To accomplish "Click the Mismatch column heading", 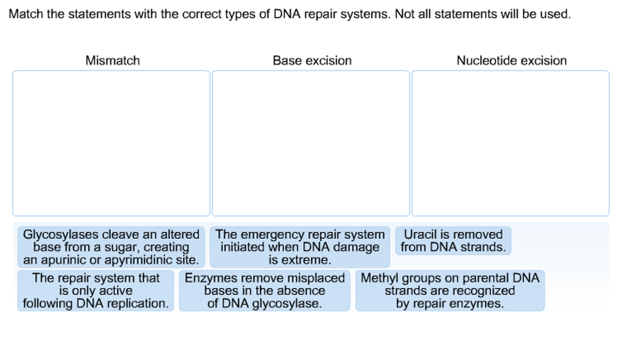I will [113, 61].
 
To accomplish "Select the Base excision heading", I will [312, 61].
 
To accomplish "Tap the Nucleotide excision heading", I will [511, 61].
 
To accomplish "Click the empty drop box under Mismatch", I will [111, 143].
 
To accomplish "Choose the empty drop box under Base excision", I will [310, 143].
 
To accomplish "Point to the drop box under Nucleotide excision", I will [510, 143].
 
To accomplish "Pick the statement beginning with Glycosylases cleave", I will [111, 247].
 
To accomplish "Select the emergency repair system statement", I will [300, 247].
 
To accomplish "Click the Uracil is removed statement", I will [453, 241].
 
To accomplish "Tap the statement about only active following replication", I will [96, 291].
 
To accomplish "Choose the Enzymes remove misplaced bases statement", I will [265, 291].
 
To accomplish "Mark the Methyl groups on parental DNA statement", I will [450, 291].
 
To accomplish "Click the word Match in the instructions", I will [25, 14].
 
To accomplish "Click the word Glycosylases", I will [59, 234].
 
